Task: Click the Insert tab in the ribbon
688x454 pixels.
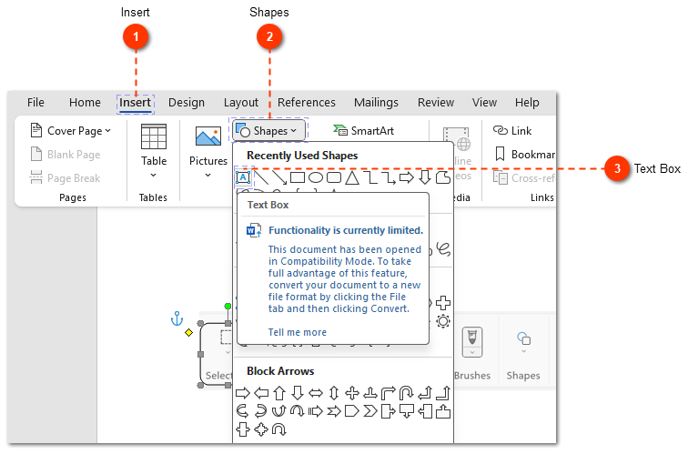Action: coord(136,103)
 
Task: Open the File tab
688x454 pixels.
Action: coord(35,103)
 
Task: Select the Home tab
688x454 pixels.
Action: coord(85,103)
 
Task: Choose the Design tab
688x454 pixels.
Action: coord(187,103)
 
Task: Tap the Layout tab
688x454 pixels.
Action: coord(241,103)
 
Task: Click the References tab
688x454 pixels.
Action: coord(307,103)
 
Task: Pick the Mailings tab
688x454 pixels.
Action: coord(376,103)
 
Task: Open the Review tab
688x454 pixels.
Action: coord(436,103)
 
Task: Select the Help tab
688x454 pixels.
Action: coord(527,103)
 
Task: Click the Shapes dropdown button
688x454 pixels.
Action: coord(268,131)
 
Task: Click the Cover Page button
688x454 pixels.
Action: coord(71,131)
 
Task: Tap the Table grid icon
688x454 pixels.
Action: coord(154,136)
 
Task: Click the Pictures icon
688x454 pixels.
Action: coord(208,137)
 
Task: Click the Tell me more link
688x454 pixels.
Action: coord(297,332)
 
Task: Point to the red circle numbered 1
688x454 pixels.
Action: coord(136,36)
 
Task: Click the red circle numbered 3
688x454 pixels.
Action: coord(618,168)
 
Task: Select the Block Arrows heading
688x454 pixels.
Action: coord(280,371)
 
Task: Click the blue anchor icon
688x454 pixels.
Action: coord(177,318)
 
